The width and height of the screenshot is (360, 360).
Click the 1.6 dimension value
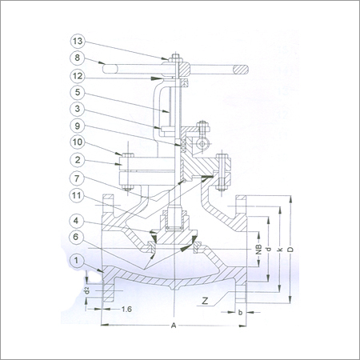click(127, 308)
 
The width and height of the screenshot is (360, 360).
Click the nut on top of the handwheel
click(172, 55)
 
